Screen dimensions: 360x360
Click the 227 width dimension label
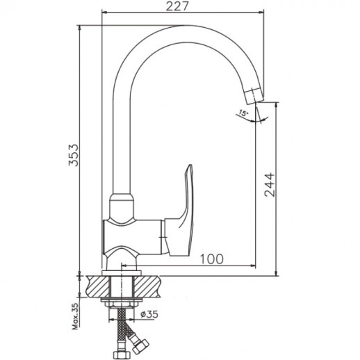point(177,6)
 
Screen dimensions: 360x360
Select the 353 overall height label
point(74,155)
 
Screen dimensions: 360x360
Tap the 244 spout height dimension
point(270,185)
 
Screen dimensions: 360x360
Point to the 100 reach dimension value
point(211,259)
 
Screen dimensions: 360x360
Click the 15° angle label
point(243,113)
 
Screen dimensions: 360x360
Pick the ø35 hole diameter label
point(149,314)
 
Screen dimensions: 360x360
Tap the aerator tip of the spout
point(254,95)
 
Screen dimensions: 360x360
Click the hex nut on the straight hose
point(120,354)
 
